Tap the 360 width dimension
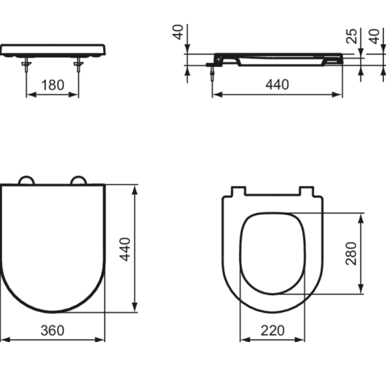click(53, 329)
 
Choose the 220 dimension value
click(273, 329)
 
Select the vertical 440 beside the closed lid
click(124, 249)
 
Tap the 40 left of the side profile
click(178, 32)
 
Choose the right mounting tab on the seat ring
click(307, 192)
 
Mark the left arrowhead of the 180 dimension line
click(29, 94)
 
